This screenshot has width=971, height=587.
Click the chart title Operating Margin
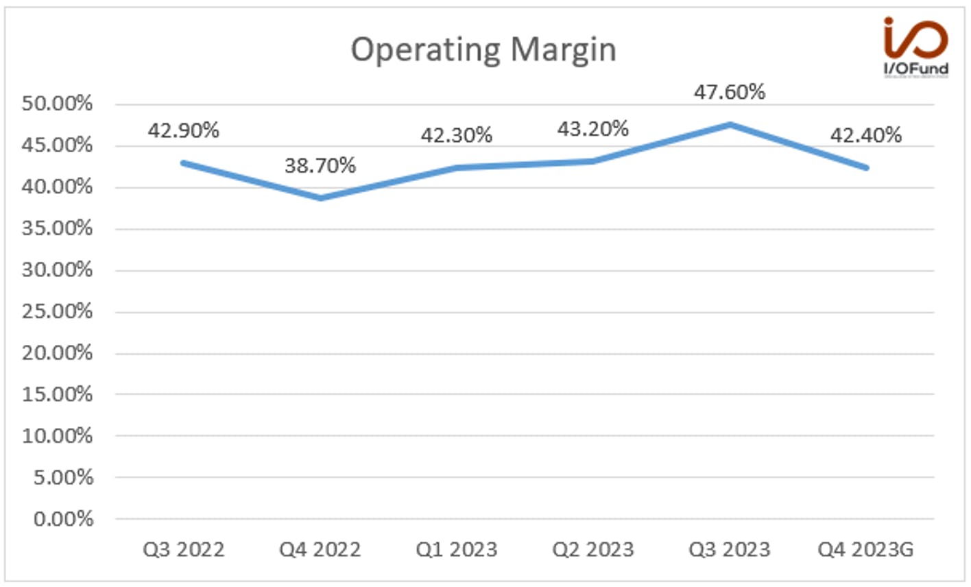click(483, 50)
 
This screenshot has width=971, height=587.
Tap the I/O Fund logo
click(916, 47)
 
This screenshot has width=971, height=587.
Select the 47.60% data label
click(730, 92)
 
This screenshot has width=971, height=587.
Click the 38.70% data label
click(320, 165)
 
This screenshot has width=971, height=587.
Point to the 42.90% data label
click(183, 130)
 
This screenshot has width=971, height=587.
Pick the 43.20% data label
click(593, 129)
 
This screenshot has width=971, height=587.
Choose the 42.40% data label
click(866, 135)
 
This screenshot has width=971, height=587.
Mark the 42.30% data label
click(457, 135)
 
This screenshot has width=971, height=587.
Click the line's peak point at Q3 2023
click(730, 125)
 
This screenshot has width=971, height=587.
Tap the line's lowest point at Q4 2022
click(321, 198)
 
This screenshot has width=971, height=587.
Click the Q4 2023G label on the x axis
click(865, 550)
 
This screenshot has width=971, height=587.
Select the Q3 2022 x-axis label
click(184, 550)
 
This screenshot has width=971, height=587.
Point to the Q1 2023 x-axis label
click(457, 550)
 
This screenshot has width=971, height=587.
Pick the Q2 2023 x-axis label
click(593, 550)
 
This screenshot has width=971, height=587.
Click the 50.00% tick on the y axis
click(57, 104)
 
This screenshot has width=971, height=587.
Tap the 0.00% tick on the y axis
click(63, 519)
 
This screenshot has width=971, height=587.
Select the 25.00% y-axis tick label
click(57, 311)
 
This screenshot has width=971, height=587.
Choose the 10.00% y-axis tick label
click(57, 435)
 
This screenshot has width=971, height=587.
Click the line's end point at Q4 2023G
click(866, 168)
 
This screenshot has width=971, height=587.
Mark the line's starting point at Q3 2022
click(183, 163)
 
